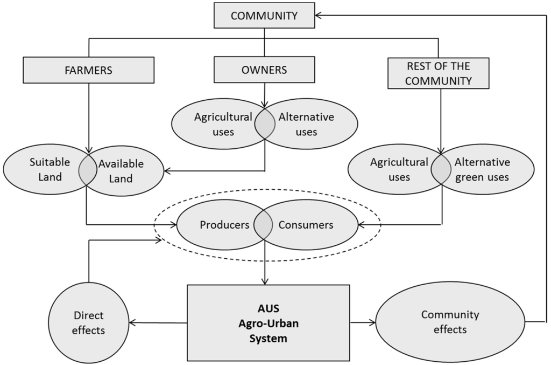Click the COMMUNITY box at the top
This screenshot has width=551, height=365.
(x=264, y=16)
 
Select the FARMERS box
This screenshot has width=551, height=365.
(x=88, y=70)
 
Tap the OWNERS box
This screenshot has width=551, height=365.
(x=264, y=70)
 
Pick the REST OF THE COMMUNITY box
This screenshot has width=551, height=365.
(x=438, y=73)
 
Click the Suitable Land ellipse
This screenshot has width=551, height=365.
(x=43, y=169)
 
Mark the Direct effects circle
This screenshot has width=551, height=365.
(x=88, y=322)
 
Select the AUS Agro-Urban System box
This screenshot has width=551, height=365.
(x=268, y=322)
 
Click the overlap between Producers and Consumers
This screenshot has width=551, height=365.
(x=264, y=225)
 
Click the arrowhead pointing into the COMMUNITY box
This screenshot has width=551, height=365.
(x=319, y=16)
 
